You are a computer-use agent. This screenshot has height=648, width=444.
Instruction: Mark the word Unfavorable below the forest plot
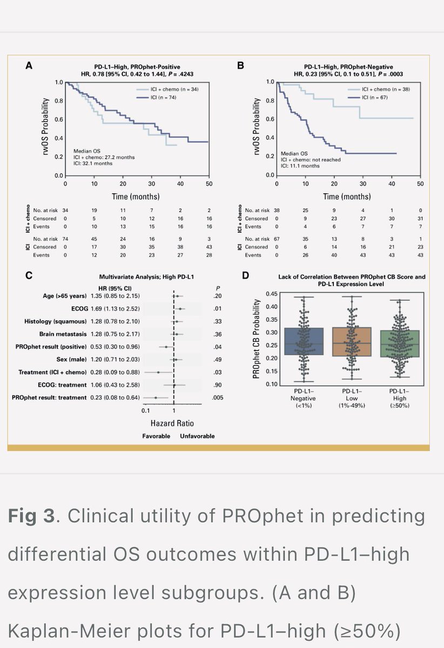pos(197,436)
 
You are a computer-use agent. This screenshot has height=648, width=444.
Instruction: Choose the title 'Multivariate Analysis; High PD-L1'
pos(146,275)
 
